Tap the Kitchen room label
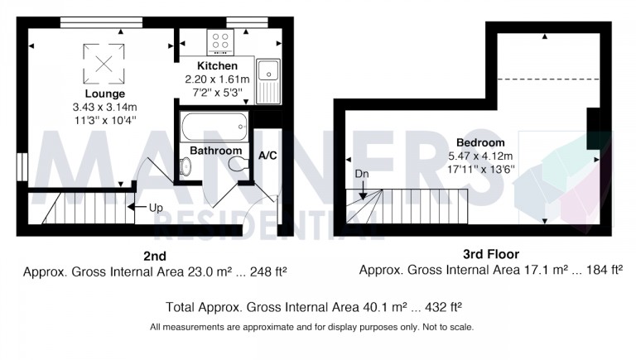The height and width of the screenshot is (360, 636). click(217, 66)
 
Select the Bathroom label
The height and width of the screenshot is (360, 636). click(215, 151)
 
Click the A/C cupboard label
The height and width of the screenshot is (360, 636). click(267, 156)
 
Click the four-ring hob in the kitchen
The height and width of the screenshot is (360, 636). click(220, 41)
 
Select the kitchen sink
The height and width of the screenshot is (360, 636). click(267, 82)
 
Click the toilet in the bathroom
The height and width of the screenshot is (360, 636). click(239, 166)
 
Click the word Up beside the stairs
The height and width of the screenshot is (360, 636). click(155, 208)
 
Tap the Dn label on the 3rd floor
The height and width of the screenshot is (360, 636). click(360, 175)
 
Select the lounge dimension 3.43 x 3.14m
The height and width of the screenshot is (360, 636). click(104, 107)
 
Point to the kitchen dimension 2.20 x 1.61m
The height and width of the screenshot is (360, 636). click(217, 79)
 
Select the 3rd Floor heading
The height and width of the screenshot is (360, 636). click(491, 254)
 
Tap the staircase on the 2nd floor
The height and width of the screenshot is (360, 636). click(83, 207)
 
